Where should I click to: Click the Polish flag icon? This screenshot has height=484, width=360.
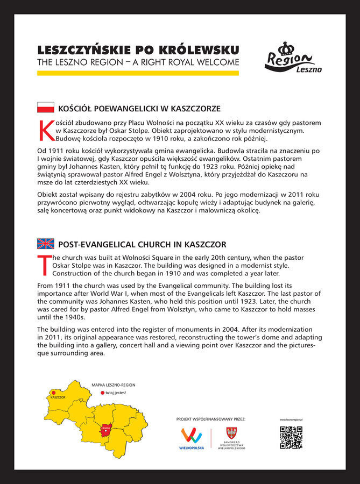tap(45, 108)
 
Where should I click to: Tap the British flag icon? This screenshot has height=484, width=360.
tap(45, 244)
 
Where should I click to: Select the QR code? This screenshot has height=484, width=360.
tap(291, 437)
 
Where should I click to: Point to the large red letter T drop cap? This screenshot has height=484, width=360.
tap(44, 264)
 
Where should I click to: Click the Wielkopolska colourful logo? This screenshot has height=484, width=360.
tap(192, 436)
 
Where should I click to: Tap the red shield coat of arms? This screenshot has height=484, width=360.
tap(232, 432)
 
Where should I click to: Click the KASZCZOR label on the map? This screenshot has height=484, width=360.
tap(58, 397)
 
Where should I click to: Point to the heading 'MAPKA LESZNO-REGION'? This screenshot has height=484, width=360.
tap(113, 385)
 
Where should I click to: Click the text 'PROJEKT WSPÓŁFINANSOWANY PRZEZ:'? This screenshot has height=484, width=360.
tap(210, 418)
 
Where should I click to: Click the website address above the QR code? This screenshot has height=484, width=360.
tap(291, 419)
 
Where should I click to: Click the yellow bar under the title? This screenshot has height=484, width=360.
tap(138, 73)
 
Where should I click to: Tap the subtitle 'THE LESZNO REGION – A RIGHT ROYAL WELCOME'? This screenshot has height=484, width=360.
tap(138, 63)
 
